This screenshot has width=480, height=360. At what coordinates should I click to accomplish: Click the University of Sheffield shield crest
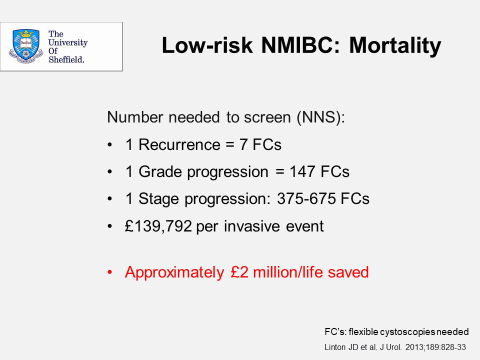coord(26,46)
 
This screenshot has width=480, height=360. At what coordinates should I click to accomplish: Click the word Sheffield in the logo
coord(66,59)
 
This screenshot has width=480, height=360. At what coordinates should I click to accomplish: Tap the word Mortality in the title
coord(395,46)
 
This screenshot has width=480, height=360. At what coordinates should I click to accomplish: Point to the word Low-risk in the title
coord(207,45)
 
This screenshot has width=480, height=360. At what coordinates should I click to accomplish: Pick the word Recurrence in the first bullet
coord(179,144)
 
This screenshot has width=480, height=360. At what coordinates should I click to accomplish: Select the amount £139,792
coord(158,226)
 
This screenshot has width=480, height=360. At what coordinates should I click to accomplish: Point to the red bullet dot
coord(110,272)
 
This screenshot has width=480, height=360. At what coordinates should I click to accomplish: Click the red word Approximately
coord(174,272)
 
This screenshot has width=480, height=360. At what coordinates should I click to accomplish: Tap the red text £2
coord(239,272)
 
